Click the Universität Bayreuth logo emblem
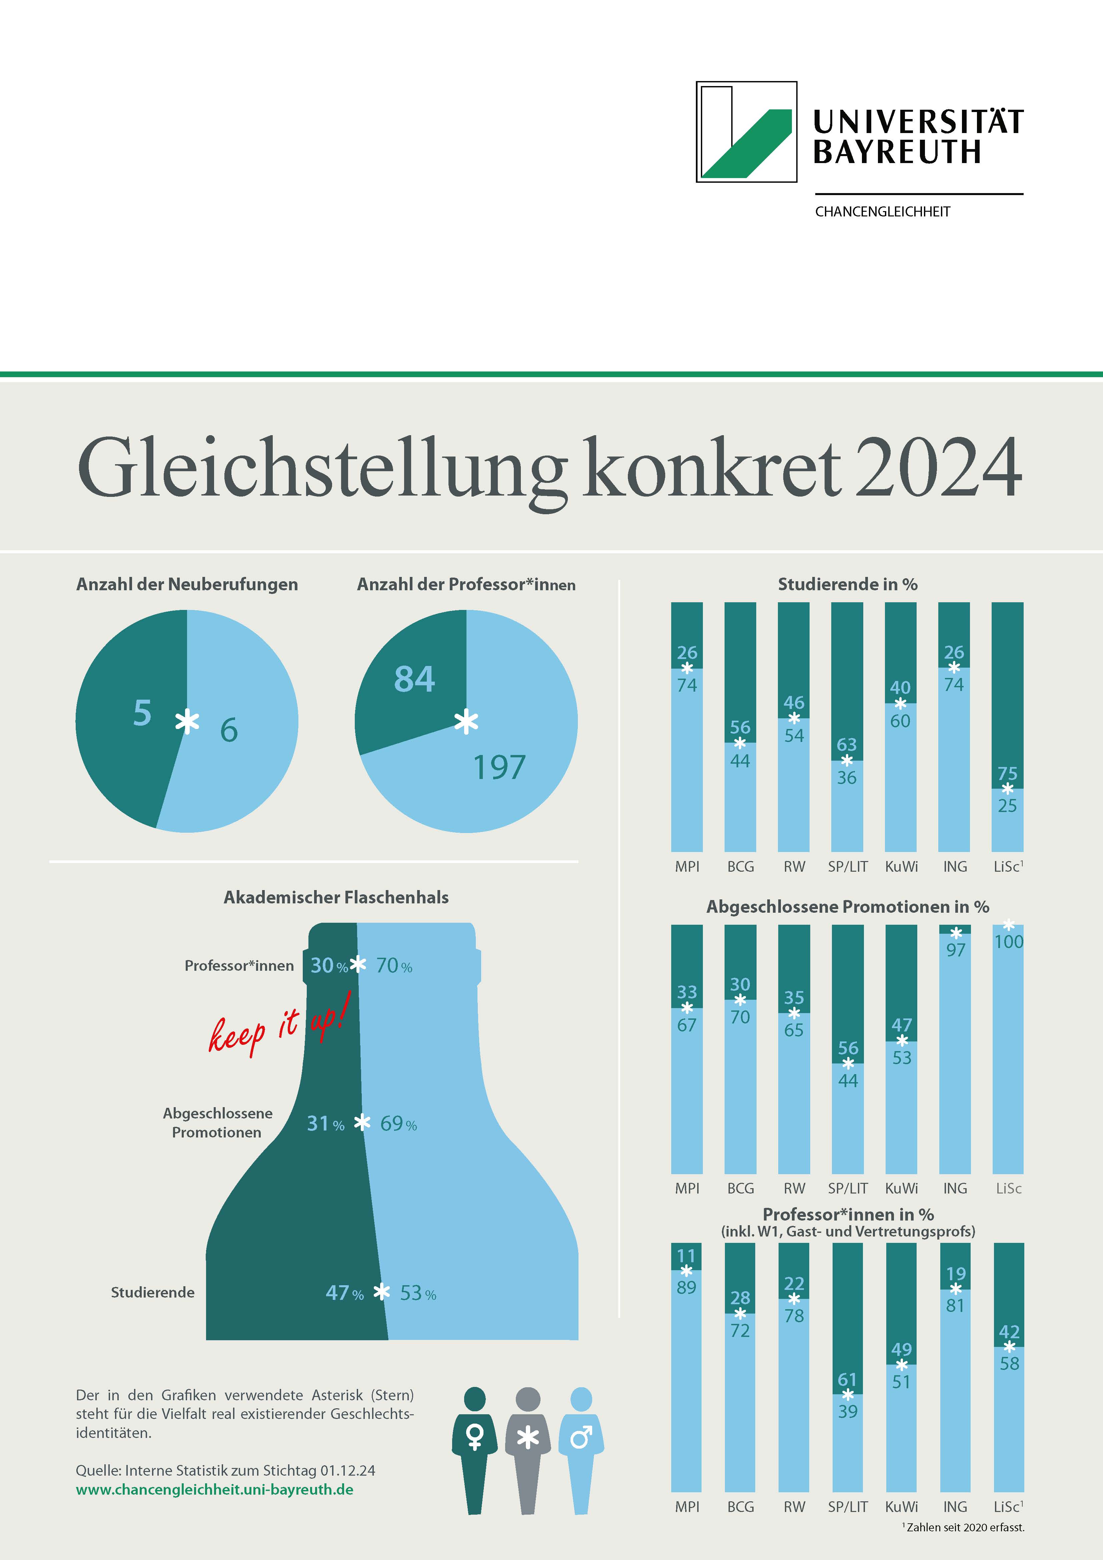click(x=747, y=132)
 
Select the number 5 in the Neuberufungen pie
click(x=142, y=713)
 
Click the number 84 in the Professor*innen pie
click(x=414, y=679)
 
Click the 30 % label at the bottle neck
click(x=329, y=965)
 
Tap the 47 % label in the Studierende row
click(x=344, y=1293)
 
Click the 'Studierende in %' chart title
click(x=848, y=584)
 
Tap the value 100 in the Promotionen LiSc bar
click(x=1009, y=942)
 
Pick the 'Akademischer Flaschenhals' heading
click(x=336, y=897)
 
